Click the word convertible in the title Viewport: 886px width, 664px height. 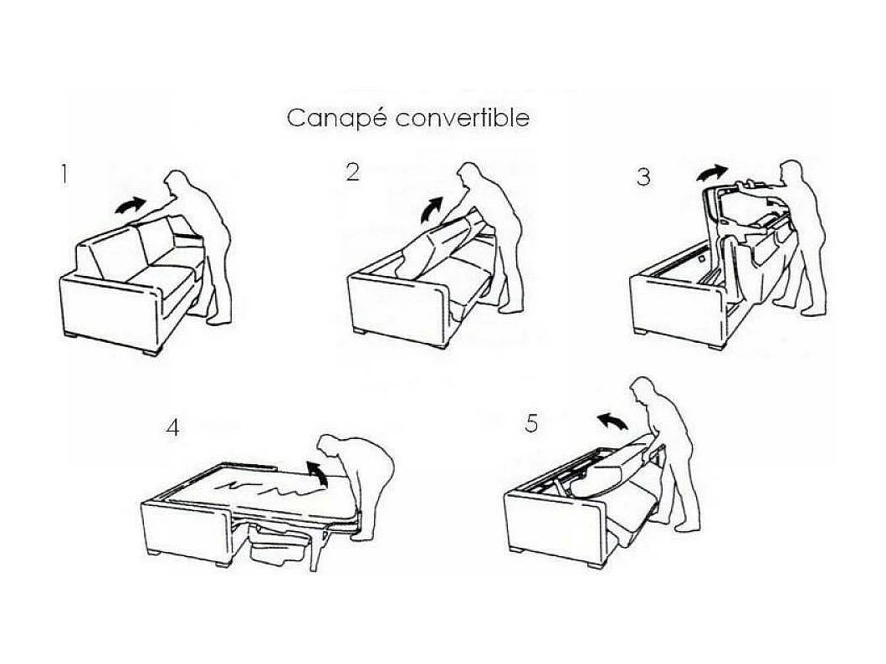coord(463,118)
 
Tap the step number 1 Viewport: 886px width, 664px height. coord(63,175)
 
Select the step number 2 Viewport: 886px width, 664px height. coord(352,171)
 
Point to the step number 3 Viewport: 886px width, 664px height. coord(643,177)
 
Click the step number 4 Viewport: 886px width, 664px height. coord(172,427)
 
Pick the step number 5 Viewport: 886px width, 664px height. coord(531,423)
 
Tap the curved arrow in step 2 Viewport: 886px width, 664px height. coord(432,207)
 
